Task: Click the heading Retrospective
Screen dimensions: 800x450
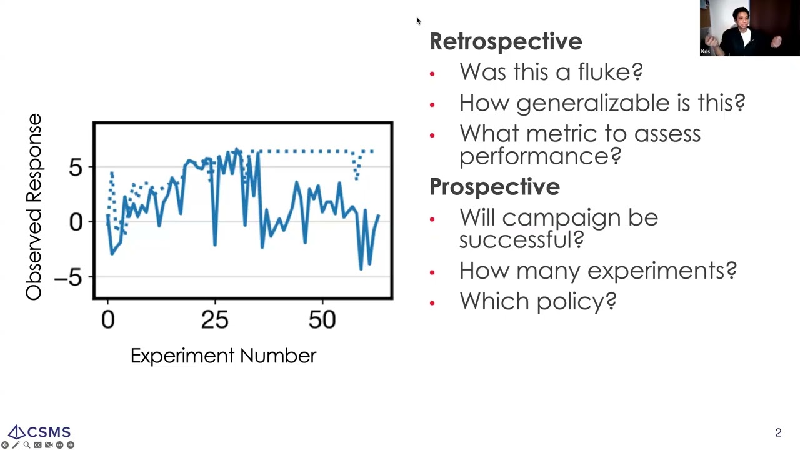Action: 506,41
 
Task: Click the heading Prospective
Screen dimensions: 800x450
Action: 494,186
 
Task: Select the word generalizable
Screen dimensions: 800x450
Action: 593,103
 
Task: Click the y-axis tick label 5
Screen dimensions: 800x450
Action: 76,167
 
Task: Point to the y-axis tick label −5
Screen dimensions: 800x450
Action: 68,277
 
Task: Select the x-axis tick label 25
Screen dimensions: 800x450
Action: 214,320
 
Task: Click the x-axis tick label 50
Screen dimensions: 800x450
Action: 322,320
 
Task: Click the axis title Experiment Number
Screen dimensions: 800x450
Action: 224,356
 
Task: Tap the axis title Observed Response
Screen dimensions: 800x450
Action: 34,207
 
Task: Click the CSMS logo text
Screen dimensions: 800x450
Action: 49,432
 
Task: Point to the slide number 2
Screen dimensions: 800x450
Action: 778,433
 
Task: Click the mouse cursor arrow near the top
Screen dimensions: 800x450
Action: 419,21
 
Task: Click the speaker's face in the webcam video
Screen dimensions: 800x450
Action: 741,21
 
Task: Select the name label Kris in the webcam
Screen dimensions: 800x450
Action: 706,51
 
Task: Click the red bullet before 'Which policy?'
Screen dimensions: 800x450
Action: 432,303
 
